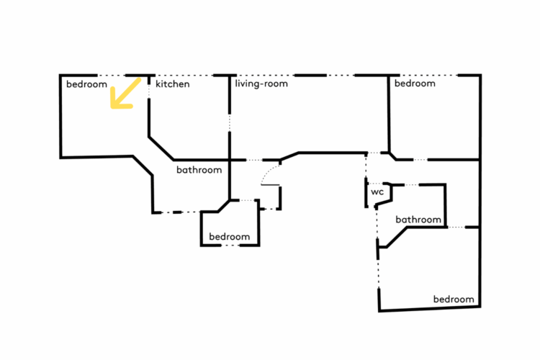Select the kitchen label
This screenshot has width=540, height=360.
click(x=173, y=84)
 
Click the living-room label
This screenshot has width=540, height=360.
click(x=261, y=84)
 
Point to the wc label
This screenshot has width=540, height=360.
click(x=377, y=193)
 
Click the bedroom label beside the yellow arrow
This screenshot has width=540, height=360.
click(x=86, y=84)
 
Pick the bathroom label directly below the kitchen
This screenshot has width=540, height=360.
click(x=199, y=171)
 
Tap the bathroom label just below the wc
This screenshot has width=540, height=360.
click(x=418, y=220)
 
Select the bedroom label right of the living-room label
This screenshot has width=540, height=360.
click(x=415, y=84)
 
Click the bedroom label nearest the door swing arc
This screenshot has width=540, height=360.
click(x=229, y=237)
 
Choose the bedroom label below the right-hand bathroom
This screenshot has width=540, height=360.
click(x=454, y=299)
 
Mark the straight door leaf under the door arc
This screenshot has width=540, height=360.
click(x=270, y=185)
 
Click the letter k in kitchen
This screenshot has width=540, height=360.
click(x=158, y=84)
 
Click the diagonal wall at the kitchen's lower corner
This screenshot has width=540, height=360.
click(x=161, y=148)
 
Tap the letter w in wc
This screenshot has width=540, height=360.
click(x=374, y=193)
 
